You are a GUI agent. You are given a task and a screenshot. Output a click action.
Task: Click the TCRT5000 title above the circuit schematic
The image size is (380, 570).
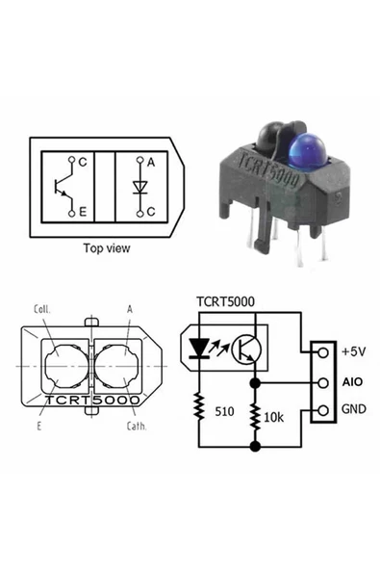[x=225, y=301]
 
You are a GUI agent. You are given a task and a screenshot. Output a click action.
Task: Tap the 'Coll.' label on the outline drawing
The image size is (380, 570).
[x=41, y=310]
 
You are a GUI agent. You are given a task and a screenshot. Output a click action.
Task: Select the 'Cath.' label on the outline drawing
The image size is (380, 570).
[x=137, y=425]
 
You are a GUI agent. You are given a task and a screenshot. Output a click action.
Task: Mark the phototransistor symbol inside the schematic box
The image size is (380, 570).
[x=249, y=350]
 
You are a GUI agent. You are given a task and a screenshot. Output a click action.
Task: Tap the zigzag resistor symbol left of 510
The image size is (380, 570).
[x=199, y=408]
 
